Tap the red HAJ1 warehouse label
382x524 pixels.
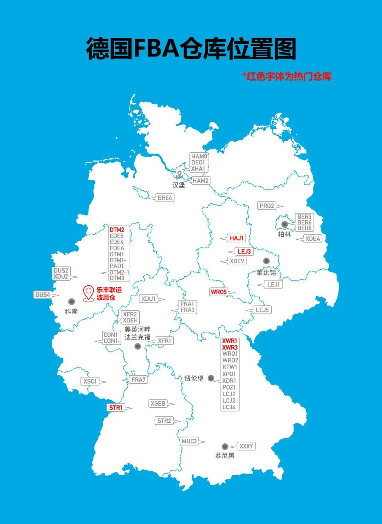tap(237, 238)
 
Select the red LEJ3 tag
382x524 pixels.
tap(244, 251)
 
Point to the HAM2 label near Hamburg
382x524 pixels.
tap(200, 181)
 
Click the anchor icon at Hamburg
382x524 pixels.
tap(179, 174)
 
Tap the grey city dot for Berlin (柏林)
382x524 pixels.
tap(284, 224)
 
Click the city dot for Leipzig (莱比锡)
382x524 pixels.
tap(266, 261)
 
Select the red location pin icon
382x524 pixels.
tap(88, 293)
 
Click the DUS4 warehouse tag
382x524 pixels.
tap(42, 295)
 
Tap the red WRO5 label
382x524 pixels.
tap(218, 292)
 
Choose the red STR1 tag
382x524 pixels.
tap(116, 408)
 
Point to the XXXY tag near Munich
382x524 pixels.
tap(246, 446)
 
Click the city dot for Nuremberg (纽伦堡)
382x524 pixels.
tap(211, 378)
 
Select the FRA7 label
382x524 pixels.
tap(138, 380)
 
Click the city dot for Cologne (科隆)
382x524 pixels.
tap(71, 302)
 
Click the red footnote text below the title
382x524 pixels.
tap(287, 76)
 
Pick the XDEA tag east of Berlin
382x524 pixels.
tap(313, 239)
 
